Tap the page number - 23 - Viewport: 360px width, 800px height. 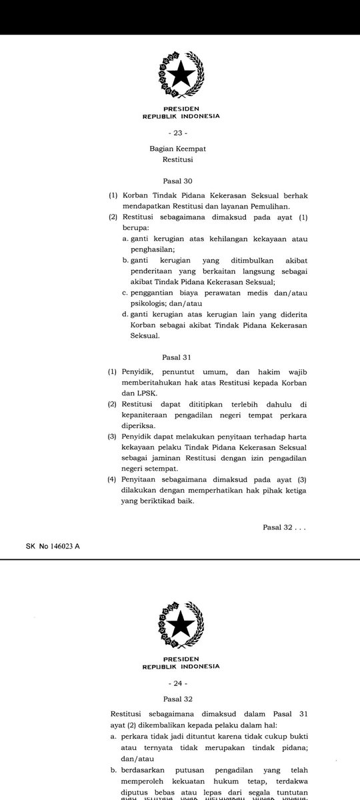tap(180, 133)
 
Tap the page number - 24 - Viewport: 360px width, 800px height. tap(180, 683)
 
